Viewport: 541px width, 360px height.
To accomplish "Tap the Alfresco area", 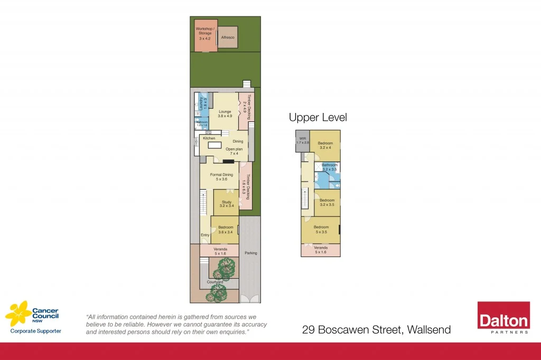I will point(227,39).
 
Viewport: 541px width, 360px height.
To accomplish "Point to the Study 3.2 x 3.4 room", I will point(227,204).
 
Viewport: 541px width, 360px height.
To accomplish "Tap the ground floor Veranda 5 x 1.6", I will point(220,251).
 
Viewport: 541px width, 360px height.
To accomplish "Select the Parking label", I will point(250,253).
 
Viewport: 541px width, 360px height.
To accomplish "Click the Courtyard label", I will point(215,282).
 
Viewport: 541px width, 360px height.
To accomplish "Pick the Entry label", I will point(205,235).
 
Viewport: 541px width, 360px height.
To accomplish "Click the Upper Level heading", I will point(318,117).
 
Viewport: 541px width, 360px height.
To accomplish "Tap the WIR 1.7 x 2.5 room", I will point(302,141).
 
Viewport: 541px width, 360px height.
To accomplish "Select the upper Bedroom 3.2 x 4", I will point(325,145).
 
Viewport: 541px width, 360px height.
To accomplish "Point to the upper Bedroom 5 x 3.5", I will point(321,230).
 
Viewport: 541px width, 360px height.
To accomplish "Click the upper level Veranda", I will point(321,250).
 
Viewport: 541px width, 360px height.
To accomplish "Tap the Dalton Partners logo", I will point(503,318).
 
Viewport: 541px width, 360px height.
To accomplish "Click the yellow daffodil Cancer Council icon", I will point(18,315).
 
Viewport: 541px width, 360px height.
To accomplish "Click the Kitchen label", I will point(209,138).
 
